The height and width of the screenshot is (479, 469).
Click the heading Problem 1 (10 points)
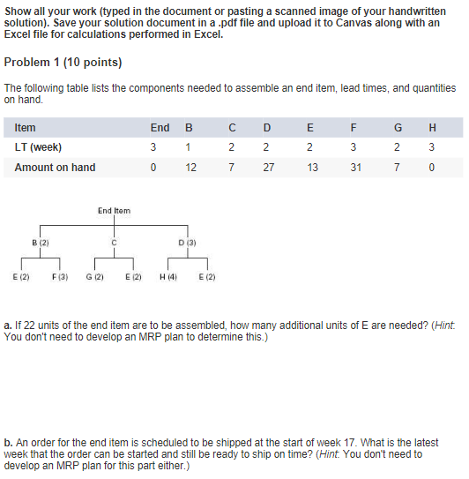click(x=63, y=63)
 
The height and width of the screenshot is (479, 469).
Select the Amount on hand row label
click(x=55, y=168)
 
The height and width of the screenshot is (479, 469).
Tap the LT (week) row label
click(x=38, y=147)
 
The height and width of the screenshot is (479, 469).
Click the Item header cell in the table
click(x=26, y=128)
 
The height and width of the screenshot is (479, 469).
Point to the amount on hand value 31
click(x=355, y=168)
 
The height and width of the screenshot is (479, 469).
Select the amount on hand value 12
click(x=191, y=168)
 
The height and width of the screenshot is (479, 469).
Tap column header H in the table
click(x=430, y=128)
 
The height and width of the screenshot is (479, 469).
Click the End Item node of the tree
click(x=114, y=211)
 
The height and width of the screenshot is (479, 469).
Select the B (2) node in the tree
click(x=40, y=241)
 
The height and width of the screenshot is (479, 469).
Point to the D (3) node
click(x=186, y=241)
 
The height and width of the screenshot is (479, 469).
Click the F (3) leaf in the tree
click(x=60, y=277)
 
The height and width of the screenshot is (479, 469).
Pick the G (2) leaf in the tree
click(x=95, y=277)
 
